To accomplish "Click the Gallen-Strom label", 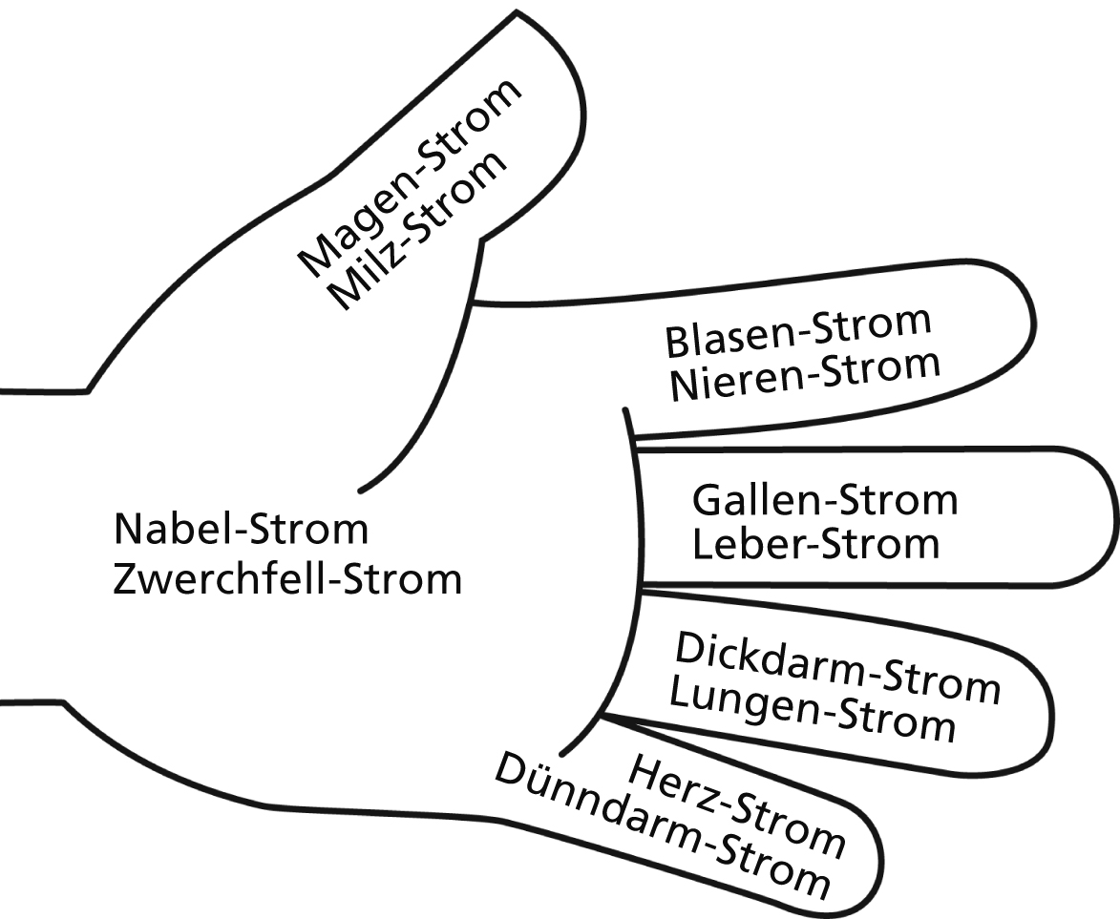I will (824, 499).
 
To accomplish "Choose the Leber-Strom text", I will (815, 544).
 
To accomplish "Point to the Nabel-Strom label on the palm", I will (240, 528).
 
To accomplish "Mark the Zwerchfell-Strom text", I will (286, 578).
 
